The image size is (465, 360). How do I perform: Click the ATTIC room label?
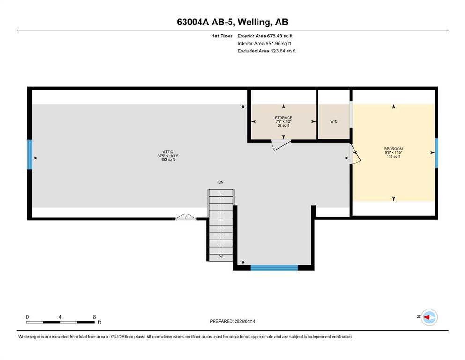pyautogui.click(x=168, y=152)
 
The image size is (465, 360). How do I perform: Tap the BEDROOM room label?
pyautogui.click(x=393, y=149)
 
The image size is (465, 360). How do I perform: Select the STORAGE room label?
pyautogui.click(x=283, y=118)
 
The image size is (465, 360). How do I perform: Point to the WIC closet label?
pyautogui.click(x=333, y=121)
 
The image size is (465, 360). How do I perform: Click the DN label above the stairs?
pyautogui.click(x=221, y=182)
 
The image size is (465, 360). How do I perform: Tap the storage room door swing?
pyautogui.click(x=280, y=144)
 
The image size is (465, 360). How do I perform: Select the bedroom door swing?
pyautogui.click(x=355, y=154)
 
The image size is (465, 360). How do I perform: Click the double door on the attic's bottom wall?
pyautogui.click(x=185, y=217)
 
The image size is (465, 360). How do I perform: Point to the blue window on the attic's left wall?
pyautogui.click(x=30, y=154)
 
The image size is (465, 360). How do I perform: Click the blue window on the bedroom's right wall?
pyautogui.click(x=436, y=153)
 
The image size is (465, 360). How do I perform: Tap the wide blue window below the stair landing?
pyautogui.click(x=274, y=268)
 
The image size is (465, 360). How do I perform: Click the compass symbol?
pyautogui.click(x=429, y=317)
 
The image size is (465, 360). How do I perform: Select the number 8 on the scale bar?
pyautogui.click(x=94, y=317)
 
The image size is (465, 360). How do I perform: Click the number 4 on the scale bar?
pyautogui.click(x=60, y=317)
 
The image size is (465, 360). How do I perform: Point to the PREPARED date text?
pyautogui.click(x=232, y=321)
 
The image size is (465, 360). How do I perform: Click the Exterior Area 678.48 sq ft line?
pyautogui.click(x=265, y=36)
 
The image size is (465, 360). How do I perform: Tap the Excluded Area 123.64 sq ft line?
pyautogui.click(x=266, y=51)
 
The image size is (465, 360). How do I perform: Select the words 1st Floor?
pyautogui.click(x=222, y=36)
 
